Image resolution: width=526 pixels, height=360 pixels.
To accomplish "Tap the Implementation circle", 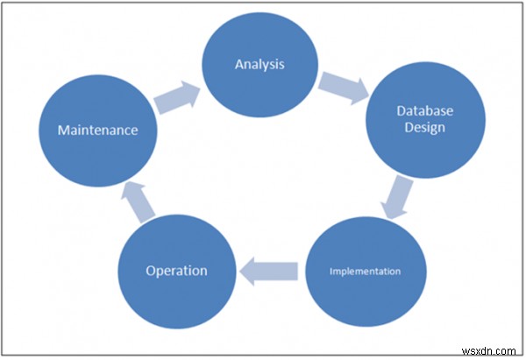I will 365,271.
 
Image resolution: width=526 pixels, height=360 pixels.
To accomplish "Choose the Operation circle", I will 176,271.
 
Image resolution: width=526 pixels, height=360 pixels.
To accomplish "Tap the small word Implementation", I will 365,271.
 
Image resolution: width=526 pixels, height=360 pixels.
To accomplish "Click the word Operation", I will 176,271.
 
